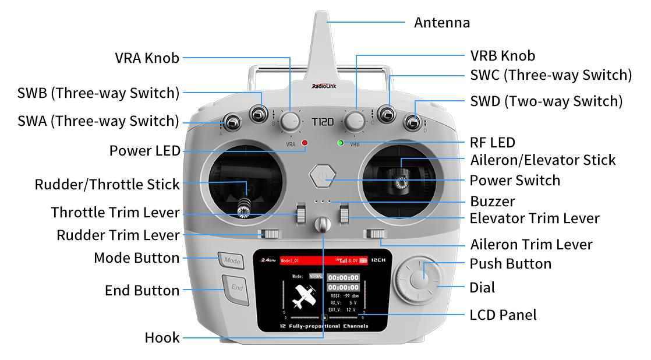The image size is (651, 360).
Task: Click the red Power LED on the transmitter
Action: coord(304,143)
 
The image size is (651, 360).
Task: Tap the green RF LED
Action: coord(340,143)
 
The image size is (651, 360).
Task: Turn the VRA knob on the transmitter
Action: coord(290,121)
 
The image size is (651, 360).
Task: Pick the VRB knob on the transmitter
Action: coord(354,121)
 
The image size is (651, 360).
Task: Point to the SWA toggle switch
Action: coord(232,122)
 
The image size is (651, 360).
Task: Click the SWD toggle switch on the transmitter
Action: coord(413,122)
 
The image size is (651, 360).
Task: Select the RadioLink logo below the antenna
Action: coord(323,86)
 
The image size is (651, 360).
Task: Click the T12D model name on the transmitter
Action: coord(322,123)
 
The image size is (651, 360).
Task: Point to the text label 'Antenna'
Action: coord(441,23)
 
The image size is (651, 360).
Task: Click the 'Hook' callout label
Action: coord(162,338)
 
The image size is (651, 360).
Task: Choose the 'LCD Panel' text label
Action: coord(503,315)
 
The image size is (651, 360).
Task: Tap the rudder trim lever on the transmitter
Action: coord(270,235)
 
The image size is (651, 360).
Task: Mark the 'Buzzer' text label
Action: coord(493,202)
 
